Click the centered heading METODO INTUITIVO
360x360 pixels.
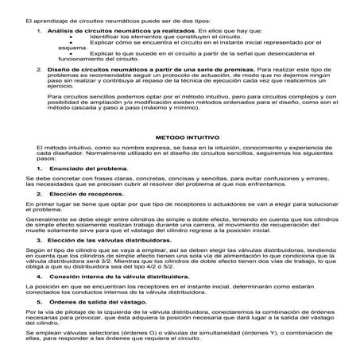tap(180, 137)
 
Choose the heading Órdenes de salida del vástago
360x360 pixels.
tap(91, 300)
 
